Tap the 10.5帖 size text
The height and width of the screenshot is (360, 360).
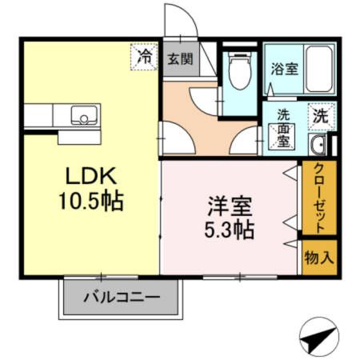coord(90,200)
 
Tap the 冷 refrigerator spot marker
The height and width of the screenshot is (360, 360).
coord(145,56)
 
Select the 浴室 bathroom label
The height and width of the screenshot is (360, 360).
coord(285,69)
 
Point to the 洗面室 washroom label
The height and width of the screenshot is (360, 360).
coord(283,127)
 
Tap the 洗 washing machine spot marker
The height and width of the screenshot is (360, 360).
coord(319,114)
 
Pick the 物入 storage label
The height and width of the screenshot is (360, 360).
coord(318,258)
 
